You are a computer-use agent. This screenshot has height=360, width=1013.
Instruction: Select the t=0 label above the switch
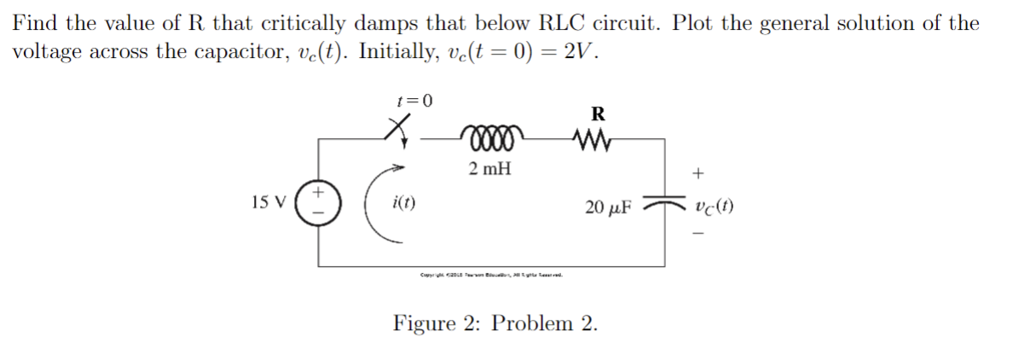[415, 101]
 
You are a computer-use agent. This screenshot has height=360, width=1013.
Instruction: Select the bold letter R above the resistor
[598, 113]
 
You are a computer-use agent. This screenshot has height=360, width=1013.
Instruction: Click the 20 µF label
[608, 206]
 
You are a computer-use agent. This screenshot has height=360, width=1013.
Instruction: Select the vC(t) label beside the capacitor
[715, 206]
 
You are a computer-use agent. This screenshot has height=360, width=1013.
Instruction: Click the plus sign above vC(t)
[698, 174]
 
